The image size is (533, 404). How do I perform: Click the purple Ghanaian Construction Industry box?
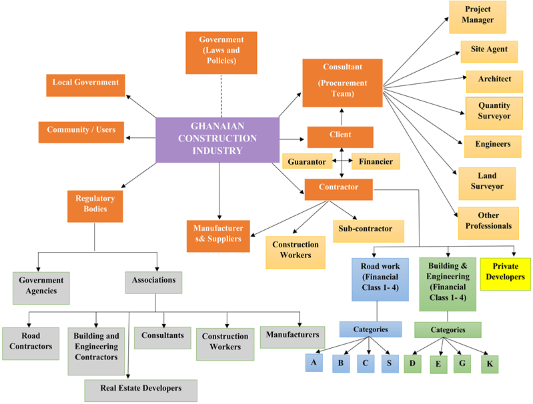pyautogui.click(x=217, y=140)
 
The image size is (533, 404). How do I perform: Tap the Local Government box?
pyautogui.click(x=86, y=84)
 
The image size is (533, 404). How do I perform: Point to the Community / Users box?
pyautogui.click(x=81, y=131)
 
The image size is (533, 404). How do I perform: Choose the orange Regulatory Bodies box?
pyautogui.click(x=95, y=206)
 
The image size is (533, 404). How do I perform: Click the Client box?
pyautogui.click(x=340, y=136)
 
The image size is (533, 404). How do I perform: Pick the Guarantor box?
pyautogui.click(x=307, y=162)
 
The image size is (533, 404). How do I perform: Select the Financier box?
pyautogui.click(x=376, y=162)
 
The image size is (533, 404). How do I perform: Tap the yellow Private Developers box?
pyautogui.click(x=505, y=273)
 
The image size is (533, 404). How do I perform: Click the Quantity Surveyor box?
pyautogui.click(x=494, y=112)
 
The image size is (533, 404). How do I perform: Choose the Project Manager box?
pyautogui.click(x=478, y=17)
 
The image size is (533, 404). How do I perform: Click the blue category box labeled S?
pyautogui.click(x=390, y=363)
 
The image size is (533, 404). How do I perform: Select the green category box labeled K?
pyautogui.click(x=490, y=364)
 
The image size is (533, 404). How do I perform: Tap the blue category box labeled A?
pyautogui.click(x=314, y=362)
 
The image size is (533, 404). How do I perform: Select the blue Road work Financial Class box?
pyautogui.click(x=380, y=279)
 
